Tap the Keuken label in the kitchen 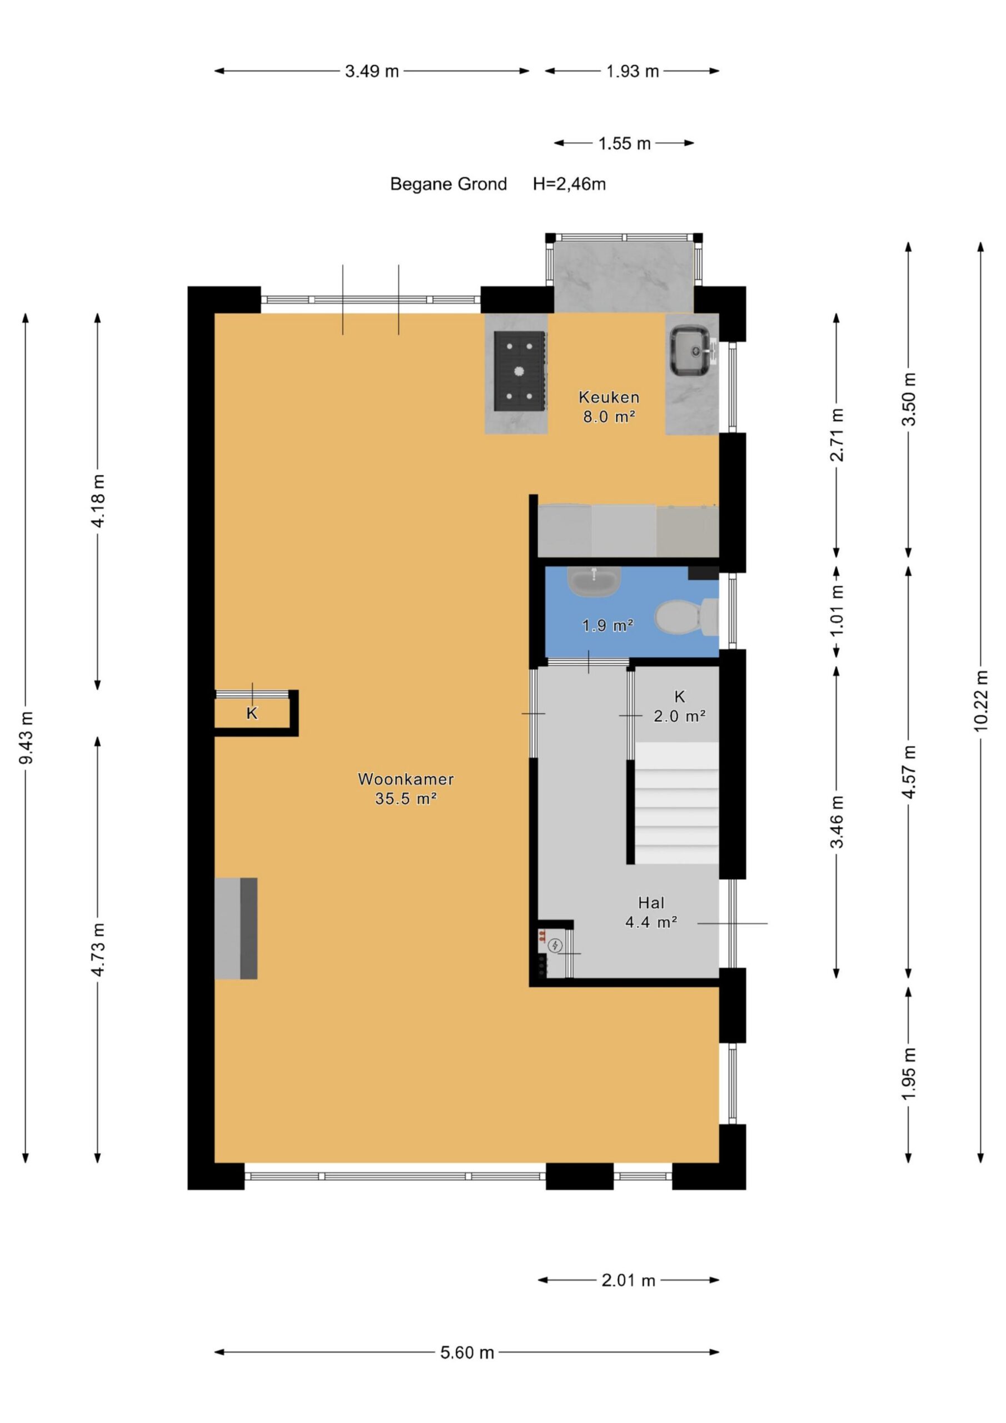tap(609, 397)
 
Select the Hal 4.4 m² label tap(651, 912)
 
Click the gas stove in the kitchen tap(520, 371)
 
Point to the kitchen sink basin tap(690, 351)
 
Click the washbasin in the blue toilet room tap(594, 581)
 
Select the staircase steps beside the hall tap(677, 803)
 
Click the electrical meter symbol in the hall tap(555, 945)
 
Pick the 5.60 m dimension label tap(467, 1352)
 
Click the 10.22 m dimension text tap(980, 700)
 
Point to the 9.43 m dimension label tap(26, 737)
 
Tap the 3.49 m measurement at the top tap(372, 71)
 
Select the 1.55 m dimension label tap(624, 144)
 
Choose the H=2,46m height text tap(569, 184)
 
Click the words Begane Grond tap(448, 184)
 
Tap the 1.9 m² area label tap(607, 625)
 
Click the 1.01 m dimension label tap(837, 610)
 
